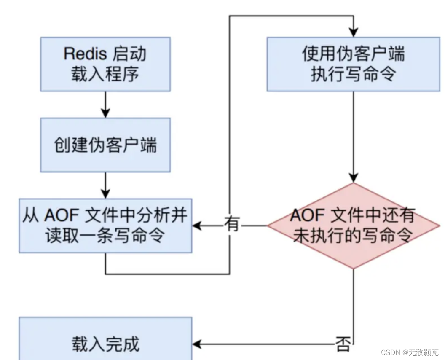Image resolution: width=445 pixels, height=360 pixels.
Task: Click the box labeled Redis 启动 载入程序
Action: pyautogui.click(x=105, y=64)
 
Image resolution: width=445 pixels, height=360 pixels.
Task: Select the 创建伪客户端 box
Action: pyautogui.click(x=105, y=145)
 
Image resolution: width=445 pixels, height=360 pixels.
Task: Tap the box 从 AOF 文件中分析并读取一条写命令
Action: pyautogui.click(x=105, y=226)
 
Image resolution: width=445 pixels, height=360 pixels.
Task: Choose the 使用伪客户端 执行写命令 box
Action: pyautogui.click(x=353, y=64)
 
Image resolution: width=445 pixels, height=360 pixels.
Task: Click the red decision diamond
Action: pyautogui.click(x=353, y=226)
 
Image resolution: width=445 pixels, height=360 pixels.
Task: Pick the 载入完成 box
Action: pyautogui.click(x=105, y=344)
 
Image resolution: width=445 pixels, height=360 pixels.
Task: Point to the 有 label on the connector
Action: pyautogui.click(x=231, y=224)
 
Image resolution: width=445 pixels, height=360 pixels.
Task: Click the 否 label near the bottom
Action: pyautogui.click(x=343, y=344)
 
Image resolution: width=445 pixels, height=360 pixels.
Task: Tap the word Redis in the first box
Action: pyautogui.click(x=86, y=54)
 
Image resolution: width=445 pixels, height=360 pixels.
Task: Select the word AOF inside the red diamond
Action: pyautogui.click(x=308, y=216)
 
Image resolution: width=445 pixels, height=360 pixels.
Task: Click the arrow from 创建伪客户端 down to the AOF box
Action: pyautogui.click(x=105, y=185)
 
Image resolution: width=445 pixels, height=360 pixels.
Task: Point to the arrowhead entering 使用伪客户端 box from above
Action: pyautogui.click(x=353, y=32)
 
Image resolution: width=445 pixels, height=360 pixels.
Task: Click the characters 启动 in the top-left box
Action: pyautogui.click(x=130, y=54)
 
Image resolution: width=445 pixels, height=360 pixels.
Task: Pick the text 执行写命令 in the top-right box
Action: pyautogui.click(x=353, y=74)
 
